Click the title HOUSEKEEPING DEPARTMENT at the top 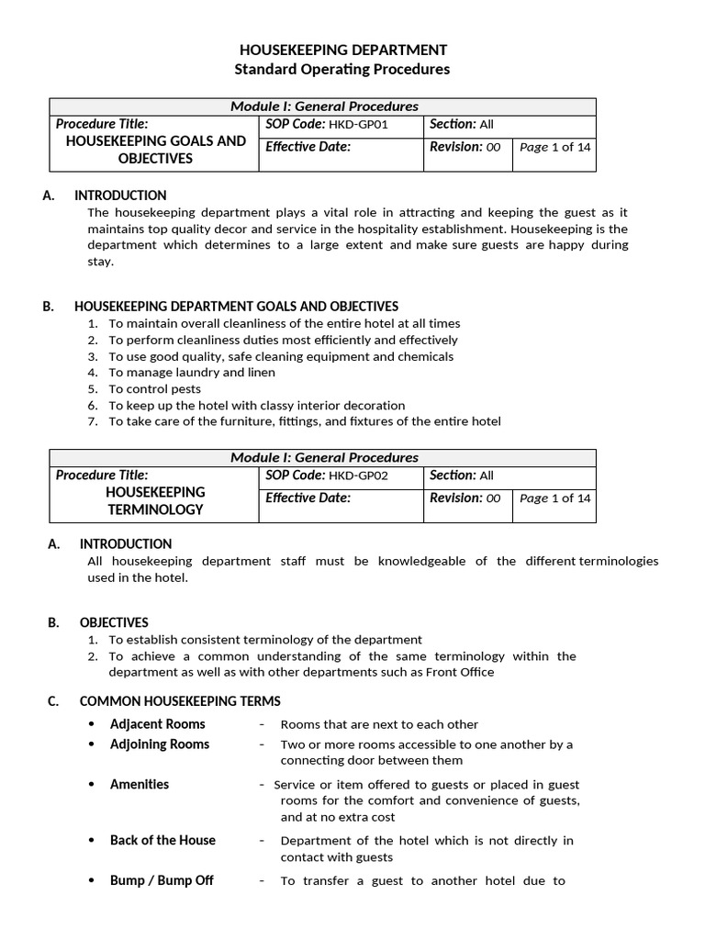342,50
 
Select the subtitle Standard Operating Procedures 342,70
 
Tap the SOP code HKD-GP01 364,125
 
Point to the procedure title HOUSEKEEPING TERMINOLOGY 154,501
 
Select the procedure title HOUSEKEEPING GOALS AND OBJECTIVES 155,150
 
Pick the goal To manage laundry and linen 191,373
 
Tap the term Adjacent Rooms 158,724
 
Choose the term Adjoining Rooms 160,744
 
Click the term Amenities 140,785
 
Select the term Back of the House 162,840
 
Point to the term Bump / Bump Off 162,880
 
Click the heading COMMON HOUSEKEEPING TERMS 180,701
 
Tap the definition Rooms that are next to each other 379,725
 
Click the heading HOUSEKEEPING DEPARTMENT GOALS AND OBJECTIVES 236,307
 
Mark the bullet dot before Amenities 91,786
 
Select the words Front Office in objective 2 460,672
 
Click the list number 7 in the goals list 93,422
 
